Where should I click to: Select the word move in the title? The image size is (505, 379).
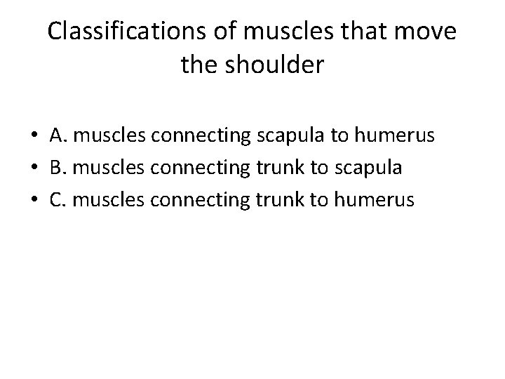(429, 32)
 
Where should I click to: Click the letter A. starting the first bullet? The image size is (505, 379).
(58, 135)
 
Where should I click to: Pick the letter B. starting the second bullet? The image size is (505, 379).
(58, 168)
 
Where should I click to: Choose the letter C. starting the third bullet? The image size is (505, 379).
(58, 200)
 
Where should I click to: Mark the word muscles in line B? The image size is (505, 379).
(105, 168)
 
